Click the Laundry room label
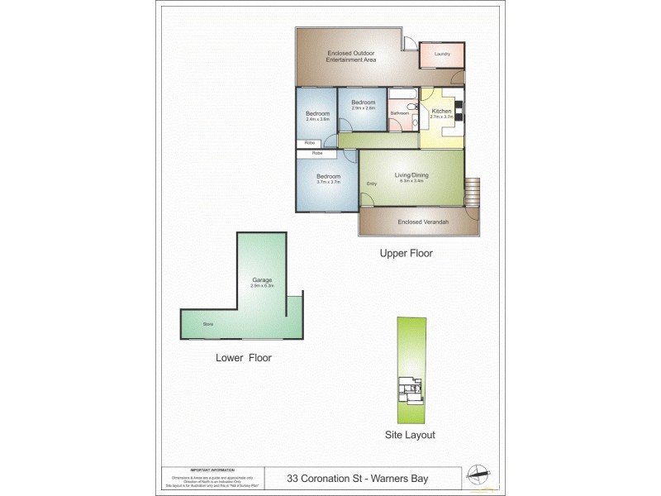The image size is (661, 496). click(x=441, y=55)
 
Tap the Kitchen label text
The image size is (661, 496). click(x=441, y=111)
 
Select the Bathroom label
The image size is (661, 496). click(x=400, y=113)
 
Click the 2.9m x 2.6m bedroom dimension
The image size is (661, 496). click(x=364, y=108)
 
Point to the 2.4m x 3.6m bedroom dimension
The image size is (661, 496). click(x=318, y=119)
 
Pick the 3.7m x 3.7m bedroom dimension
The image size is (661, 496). click(x=328, y=182)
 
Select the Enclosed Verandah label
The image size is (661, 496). click(x=418, y=222)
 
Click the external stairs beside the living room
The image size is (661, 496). click(x=473, y=192)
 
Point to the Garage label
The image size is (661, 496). click(x=262, y=280)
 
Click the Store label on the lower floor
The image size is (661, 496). click(x=208, y=324)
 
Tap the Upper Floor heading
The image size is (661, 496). click(x=406, y=254)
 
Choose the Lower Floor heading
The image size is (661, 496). click(x=243, y=358)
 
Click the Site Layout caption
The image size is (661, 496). click(x=410, y=434)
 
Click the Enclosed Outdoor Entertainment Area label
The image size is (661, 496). click(x=352, y=56)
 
